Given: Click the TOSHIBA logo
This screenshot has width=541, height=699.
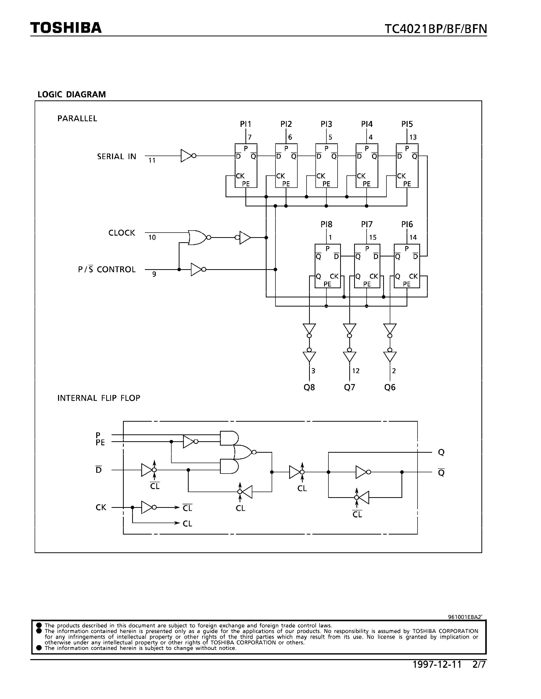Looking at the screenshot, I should pyautogui.click(x=66, y=28).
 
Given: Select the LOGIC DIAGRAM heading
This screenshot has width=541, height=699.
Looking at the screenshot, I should pyautogui.click(x=72, y=94).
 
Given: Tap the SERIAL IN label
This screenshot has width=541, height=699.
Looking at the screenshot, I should pyautogui.click(x=117, y=157).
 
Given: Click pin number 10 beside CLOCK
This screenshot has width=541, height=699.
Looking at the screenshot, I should pyautogui.click(x=152, y=237).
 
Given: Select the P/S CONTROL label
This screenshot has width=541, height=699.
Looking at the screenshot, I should pyautogui.click(x=107, y=269).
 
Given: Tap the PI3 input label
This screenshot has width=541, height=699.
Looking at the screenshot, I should pyautogui.click(x=326, y=124).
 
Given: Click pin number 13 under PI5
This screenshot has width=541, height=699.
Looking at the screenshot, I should pyautogui.click(x=413, y=137).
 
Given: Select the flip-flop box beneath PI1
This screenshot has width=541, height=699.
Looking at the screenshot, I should pyautogui.click(x=246, y=166).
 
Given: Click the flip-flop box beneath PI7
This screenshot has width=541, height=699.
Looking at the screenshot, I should pyautogui.click(x=367, y=266).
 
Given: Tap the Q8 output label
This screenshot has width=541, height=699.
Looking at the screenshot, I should pyautogui.click(x=309, y=387).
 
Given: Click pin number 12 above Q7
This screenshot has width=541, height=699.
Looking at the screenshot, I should pyautogui.click(x=356, y=371).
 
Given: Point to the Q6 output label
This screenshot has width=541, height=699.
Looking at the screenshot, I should pyautogui.click(x=390, y=387).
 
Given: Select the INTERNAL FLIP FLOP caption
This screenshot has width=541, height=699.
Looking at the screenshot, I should pyautogui.click(x=99, y=398).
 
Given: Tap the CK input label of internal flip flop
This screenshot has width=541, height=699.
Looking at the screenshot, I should pyautogui.click(x=101, y=508).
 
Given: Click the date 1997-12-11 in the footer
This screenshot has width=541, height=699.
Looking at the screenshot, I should pyautogui.click(x=437, y=665).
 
